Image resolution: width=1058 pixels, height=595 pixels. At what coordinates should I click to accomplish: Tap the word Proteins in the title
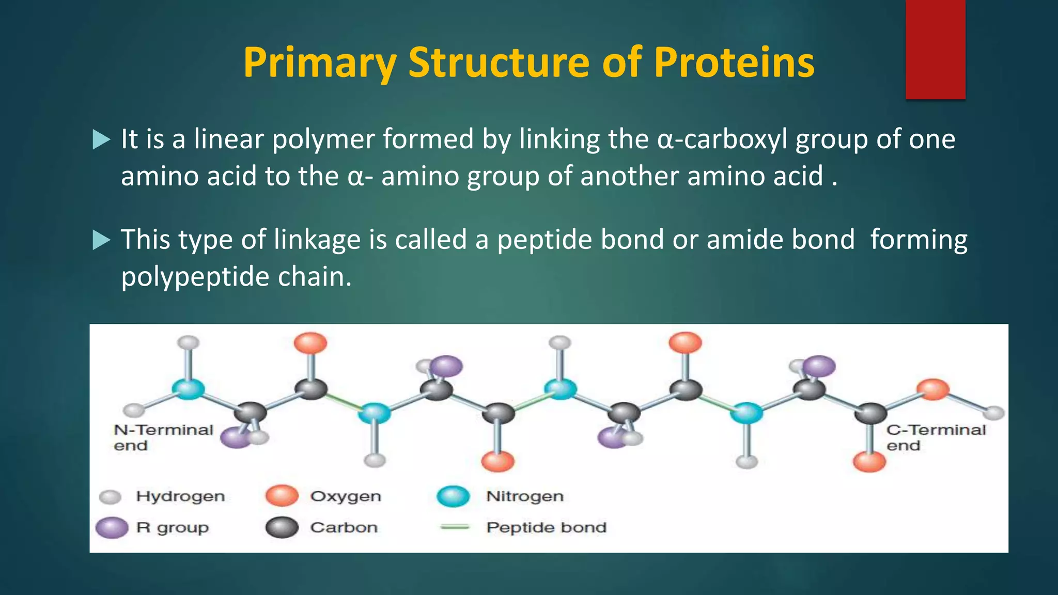pyautogui.click(x=734, y=63)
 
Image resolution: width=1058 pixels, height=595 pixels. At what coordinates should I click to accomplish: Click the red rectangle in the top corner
pyautogui.click(x=935, y=50)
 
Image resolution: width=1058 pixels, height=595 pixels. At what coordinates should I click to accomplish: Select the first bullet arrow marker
pyautogui.click(x=102, y=140)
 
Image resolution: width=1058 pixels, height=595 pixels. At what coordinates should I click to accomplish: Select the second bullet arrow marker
pyautogui.click(x=102, y=240)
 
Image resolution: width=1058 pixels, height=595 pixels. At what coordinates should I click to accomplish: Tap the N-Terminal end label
pyautogui.click(x=163, y=437)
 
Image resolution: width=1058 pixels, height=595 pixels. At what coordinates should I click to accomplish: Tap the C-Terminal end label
pyautogui.click(x=935, y=437)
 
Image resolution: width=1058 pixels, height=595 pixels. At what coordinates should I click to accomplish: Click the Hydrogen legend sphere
pyautogui.click(x=110, y=497)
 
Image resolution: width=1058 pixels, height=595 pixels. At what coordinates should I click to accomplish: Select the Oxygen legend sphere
pyautogui.click(x=282, y=496)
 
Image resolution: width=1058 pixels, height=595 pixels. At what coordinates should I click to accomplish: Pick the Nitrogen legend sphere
pyautogui.click(x=453, y=496)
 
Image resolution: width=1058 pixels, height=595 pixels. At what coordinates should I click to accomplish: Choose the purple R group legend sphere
pyautogui.click(x=112, y=527)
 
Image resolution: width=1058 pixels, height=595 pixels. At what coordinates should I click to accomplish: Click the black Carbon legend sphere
pyautogui.click(x=282, y=527)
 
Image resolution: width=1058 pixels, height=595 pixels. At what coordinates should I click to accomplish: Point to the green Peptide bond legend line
pyautogui.click(x=454, y=527)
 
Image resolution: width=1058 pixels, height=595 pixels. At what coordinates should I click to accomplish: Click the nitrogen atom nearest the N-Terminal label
pyautogui.click(x=188, y=389)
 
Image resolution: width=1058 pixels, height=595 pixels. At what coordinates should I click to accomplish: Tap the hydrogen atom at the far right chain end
pyautogui.click(x=993, y=413)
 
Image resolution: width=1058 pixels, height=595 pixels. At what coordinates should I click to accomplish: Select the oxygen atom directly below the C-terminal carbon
pyautogui.click(x=869, y=461)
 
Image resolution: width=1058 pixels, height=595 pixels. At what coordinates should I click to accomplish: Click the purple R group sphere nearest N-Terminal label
pyautogui.click(x=235, y=437)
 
